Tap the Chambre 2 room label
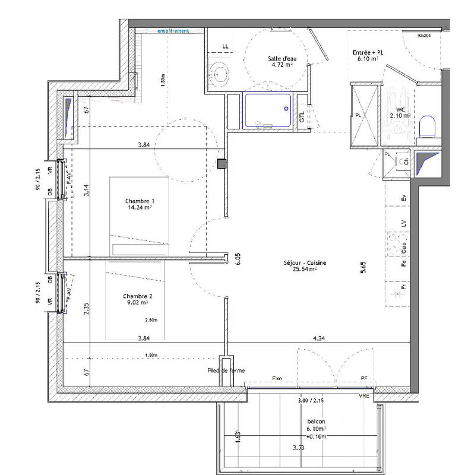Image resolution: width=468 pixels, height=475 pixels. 137,299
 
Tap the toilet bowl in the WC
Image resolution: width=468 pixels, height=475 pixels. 426,125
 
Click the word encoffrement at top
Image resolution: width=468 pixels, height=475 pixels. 173,30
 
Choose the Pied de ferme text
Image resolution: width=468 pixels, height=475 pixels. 226,370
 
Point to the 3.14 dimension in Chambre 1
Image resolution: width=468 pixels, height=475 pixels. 86,190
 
